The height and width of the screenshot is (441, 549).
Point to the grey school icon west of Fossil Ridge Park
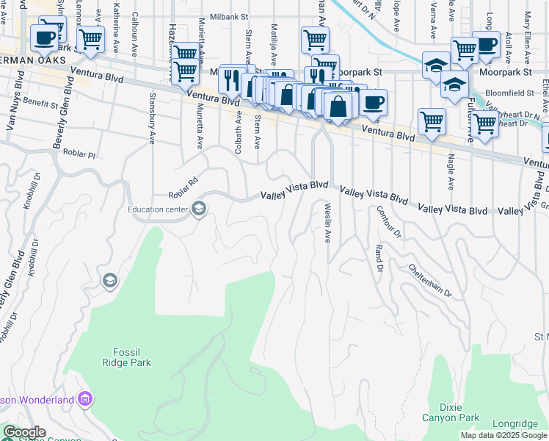tap(109, 281)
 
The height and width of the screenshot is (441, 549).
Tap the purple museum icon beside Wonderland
tap(86, 399)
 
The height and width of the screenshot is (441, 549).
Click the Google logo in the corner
tap(23, 433)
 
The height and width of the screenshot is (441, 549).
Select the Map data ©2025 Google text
tap(503, 435)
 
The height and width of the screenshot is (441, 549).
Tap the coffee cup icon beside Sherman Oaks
tap(45, 37)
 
